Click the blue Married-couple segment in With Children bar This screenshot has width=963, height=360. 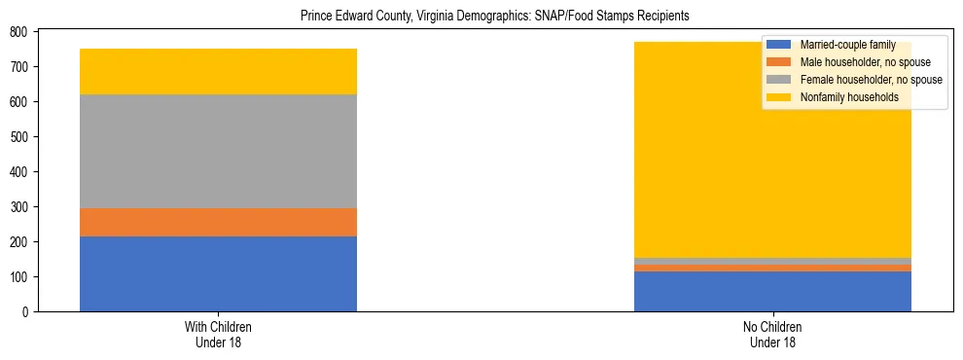click(x=218, y=273)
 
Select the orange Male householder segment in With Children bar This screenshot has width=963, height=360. click(x=218, y=222)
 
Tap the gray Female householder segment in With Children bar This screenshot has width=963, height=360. click(x=218, y=151)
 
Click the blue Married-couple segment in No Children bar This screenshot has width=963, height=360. click(x=772, y=291)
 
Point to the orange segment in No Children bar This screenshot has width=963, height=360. click(x=772, y=268)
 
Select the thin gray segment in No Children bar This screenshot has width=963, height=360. click(x=772, y=261)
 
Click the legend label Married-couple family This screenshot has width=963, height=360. click(x=847, y=45)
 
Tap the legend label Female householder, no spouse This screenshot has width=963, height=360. click(x=871, y=80)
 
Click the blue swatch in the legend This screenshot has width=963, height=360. click(x=779, y=45)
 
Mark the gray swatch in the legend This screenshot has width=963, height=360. click(x=779, y=80)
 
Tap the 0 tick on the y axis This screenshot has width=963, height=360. click(x=31, y=312)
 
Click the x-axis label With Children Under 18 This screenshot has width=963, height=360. click(x=218, y=335)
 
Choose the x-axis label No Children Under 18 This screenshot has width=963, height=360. click(x=772, y=335)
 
